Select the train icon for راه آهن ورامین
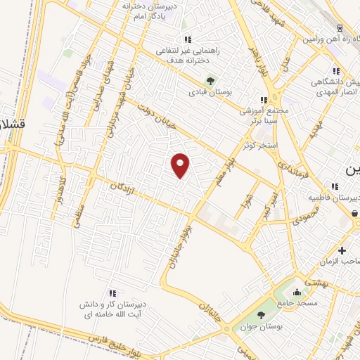pos(340,29)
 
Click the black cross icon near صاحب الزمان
pos(342,250)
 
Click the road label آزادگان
pos(122,192)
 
